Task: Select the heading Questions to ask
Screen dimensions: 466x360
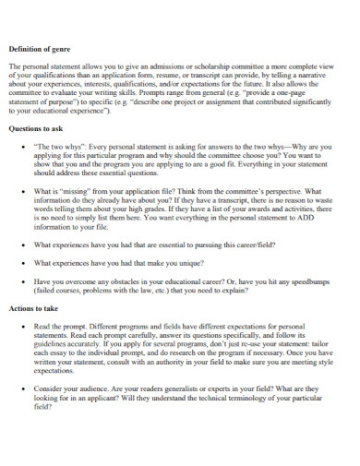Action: pyautogui.click(x=35, y=129)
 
